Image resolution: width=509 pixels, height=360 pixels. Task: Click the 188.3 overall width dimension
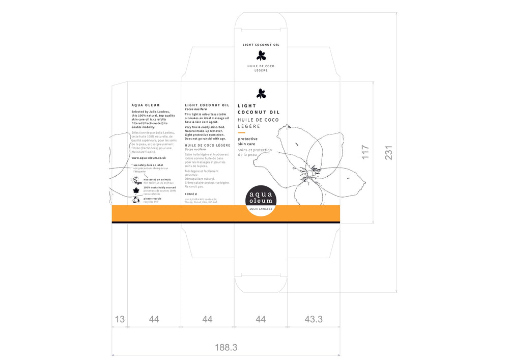226,348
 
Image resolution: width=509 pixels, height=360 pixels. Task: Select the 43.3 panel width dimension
314,319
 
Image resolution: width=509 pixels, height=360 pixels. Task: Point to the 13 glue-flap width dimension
120,319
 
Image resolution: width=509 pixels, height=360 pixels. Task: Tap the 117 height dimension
365,152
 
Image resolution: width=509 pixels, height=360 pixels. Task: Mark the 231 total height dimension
389,152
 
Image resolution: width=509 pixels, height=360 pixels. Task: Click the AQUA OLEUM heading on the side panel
146,105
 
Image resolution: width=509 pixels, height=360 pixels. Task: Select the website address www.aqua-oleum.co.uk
149,158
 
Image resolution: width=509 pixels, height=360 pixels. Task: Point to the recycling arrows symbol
136,200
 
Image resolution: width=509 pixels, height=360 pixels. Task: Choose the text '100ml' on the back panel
190,194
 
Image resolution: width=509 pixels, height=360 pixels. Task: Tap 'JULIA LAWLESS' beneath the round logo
261,209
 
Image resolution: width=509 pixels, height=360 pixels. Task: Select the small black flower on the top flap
261,55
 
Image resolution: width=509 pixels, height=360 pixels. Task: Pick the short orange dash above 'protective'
242,132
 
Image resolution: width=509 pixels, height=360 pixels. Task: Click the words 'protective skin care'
248,142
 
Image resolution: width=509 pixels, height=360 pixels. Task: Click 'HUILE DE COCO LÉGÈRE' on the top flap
261,68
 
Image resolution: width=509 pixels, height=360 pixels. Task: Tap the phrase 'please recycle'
152,198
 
